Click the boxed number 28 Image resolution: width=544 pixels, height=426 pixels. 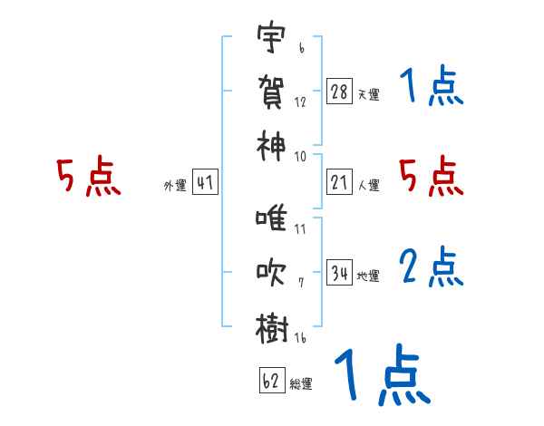(x=340, y=92)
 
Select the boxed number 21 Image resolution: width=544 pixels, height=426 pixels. (x=340, y=182)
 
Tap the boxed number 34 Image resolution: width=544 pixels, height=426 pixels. (x=340, y=272)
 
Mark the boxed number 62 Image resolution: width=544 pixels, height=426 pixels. (x=271, y=381)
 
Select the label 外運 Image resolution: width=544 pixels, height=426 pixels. (x=174, y=186)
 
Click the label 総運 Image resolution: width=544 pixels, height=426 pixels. (x=301, y=383)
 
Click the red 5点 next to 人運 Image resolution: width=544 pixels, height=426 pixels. (x=431, y=176)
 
